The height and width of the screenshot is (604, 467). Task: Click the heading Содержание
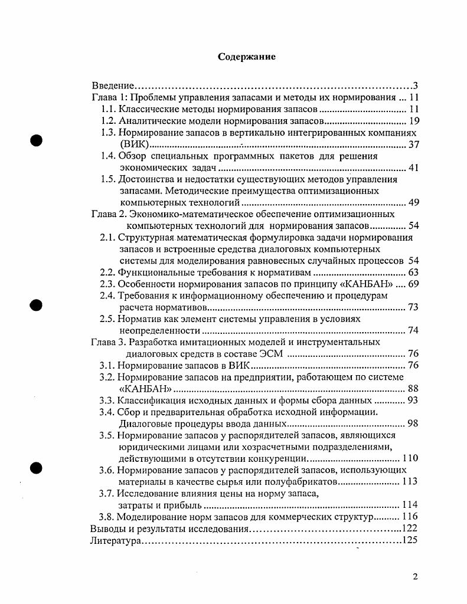tap(247, 57)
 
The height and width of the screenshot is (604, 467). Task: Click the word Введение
tap(114, 86)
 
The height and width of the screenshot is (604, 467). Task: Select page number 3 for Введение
tap(415, 86)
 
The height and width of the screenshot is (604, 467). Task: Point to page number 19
tap(413, 122)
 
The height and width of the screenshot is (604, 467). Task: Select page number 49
tap(413, 203)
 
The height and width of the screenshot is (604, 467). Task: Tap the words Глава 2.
tap(108, 214)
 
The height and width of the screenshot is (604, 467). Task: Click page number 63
tap(413, 273)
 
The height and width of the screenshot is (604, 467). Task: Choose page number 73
tap(413, 307)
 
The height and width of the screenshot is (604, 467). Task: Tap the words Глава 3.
tap(107, 342)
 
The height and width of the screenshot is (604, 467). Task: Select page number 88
tap(413, 389)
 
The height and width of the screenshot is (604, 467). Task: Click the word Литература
tap(115, 540)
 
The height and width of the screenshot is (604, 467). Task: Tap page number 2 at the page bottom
tap(416, 577)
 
